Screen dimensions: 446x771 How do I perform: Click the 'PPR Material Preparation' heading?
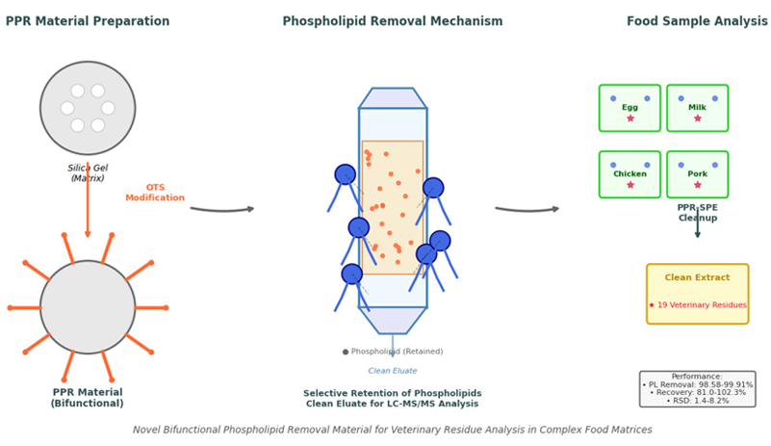point(88,21)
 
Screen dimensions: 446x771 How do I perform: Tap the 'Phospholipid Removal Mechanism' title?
point(392,21)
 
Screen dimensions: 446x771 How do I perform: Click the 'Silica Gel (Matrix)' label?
point(88,173)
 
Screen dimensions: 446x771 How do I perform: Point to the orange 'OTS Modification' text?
point(155,193)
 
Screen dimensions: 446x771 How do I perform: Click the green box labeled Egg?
point(630,108)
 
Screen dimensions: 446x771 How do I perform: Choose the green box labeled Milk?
point(697,108)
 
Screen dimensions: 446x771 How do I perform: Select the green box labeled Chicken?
point(630,174)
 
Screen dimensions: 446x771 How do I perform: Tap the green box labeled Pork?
point(697,174)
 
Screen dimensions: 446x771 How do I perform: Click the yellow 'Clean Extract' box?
point(697,294)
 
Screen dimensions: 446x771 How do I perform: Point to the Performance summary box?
point(697,389)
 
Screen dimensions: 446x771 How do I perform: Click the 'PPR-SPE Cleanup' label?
point(697,213)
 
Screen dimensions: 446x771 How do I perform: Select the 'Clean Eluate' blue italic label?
point(393,371)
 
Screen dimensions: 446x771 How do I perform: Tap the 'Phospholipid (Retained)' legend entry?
point(393,352)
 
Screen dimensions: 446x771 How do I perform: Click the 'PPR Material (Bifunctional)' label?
point(88,398)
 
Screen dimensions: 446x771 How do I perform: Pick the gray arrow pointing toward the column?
point(222,208)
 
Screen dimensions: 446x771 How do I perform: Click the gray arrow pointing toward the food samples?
point(527,208)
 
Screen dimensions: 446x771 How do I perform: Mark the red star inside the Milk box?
point(697,118)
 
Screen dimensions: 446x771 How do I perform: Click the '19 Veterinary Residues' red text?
point(697,305)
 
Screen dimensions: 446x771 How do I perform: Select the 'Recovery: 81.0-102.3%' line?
point(697,393)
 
